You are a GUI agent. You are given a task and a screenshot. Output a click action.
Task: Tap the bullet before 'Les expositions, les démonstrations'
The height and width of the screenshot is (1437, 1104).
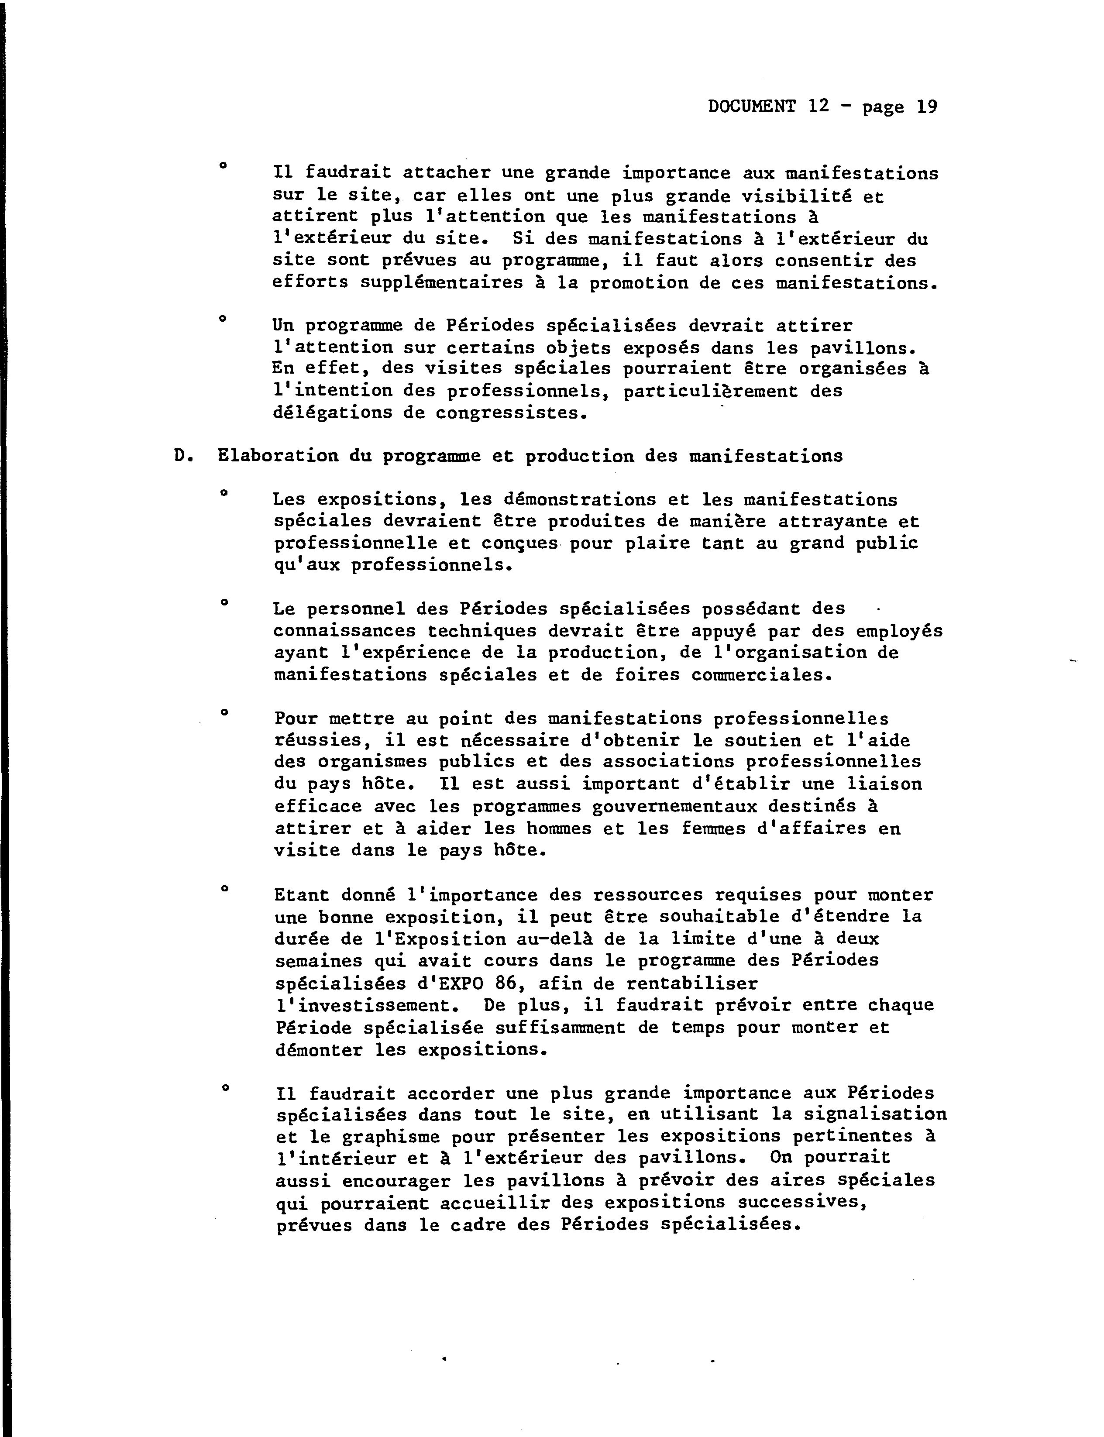[x=224, y=492]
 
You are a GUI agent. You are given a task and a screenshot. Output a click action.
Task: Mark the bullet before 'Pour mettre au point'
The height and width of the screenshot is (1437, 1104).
[x=224, y=712]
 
